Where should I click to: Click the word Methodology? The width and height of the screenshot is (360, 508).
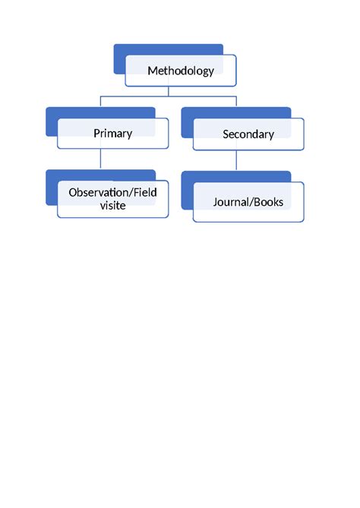point(181,71)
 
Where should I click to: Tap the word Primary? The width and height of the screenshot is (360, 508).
point(112,133)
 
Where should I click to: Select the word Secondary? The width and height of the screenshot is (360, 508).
point(248,134)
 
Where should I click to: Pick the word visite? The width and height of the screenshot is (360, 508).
point(112,205)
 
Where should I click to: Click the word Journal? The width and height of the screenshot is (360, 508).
point(231,202)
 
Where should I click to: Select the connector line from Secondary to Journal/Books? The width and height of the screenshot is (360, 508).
point(237,160)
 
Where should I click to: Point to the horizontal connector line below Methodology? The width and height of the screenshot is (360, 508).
point(137,96)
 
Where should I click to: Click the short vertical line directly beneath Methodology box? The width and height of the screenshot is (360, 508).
point(169,91)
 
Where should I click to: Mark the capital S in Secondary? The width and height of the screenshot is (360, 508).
point(226,134)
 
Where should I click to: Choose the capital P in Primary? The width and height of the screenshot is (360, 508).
point(96,133)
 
